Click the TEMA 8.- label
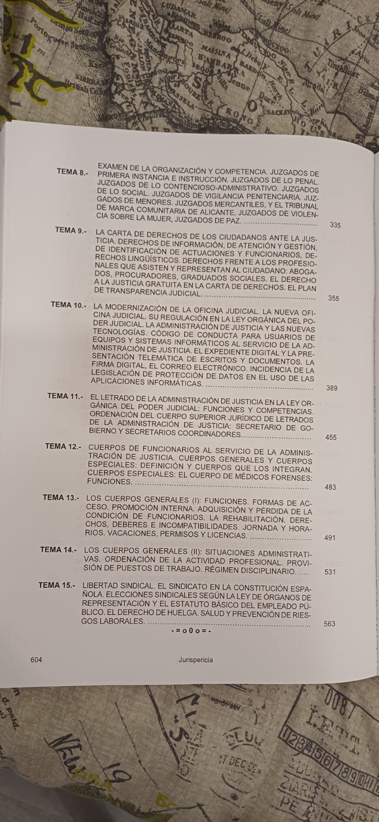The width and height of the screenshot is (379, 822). coord(74,172)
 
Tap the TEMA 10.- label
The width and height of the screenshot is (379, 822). coord(68,305)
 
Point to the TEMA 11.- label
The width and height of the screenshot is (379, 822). coord(65,396)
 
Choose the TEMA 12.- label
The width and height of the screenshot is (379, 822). coord(63,446)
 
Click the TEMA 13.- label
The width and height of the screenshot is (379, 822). coord(61,497)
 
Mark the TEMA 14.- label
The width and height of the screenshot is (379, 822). coord(59,549)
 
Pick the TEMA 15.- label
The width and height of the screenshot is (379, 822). coord(57,585)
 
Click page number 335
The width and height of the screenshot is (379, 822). coord(335,225)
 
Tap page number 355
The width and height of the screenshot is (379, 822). coord(333,298)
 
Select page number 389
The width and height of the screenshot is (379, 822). coord(332,388)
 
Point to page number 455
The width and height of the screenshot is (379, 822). coord(331,438)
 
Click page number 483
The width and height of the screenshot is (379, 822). coord(331,487)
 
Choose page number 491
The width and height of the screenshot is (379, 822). coord(330,538)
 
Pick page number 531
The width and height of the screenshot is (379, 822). coord(330,572)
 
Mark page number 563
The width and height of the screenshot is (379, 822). coord(330,624)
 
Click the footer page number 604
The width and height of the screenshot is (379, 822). coord(36,660)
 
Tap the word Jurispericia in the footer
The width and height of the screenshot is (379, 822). coord(193,660)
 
